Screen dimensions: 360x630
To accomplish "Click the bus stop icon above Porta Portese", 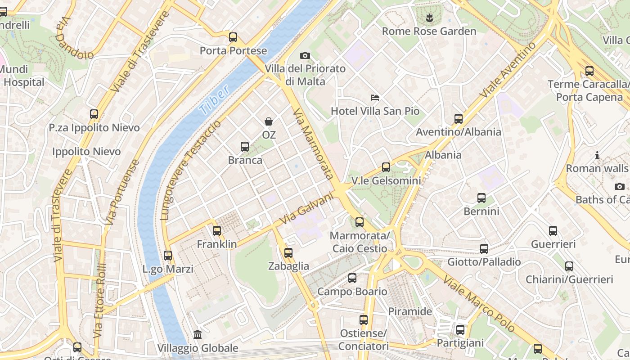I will coord(233,37).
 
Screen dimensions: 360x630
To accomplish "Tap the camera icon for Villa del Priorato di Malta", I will coord(305,55).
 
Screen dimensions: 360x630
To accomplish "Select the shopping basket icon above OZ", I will coord(269,121).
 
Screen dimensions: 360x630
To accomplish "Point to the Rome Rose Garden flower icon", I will coord(429,18).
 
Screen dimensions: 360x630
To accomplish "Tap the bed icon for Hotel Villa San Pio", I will coord(375,97).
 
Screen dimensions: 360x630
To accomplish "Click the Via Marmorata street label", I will coord(313,144).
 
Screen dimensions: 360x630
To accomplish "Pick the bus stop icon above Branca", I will coord(245,147).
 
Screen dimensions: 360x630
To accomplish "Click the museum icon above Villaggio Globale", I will coord(198,334).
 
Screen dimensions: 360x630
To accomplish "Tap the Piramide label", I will coord(410,311).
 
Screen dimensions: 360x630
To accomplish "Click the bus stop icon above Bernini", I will coord(481,198).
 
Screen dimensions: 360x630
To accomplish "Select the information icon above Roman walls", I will coord(597,156).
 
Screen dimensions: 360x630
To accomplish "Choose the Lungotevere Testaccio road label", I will coord(192,170).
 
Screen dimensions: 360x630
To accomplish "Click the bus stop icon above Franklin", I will coord(217,231).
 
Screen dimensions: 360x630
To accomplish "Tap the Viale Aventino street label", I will coord(508,69).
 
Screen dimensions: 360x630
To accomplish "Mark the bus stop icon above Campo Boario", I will coord(352,278).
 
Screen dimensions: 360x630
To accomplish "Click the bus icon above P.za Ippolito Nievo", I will coord(94,114).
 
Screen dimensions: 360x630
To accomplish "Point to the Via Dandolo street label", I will coord(74,38).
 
